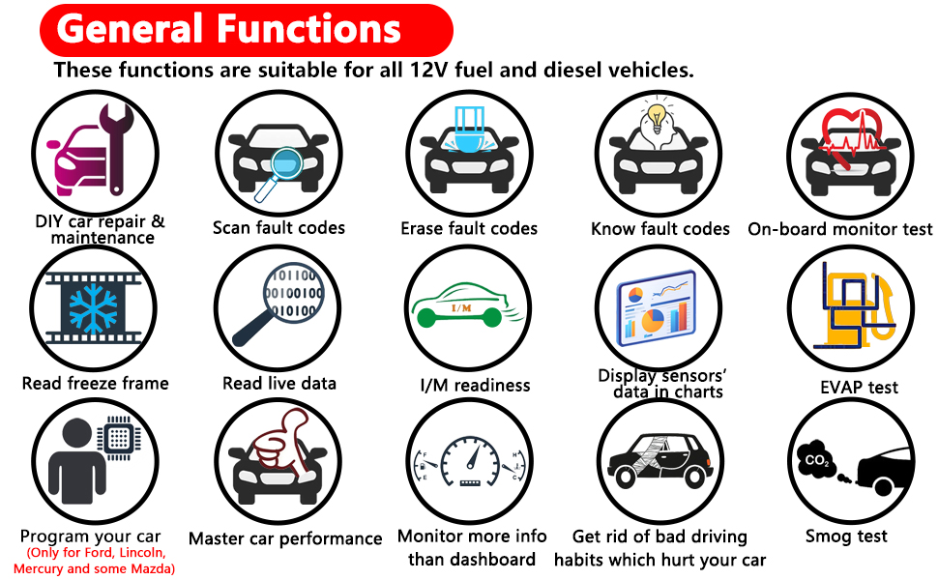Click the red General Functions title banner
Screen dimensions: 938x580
[246, 28]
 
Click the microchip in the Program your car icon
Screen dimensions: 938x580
[119, 440]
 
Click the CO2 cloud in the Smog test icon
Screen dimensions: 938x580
[818, 461]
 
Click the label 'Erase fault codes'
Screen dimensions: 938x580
[469, 229]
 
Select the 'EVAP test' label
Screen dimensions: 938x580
[859, 388]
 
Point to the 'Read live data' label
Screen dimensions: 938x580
[279, 384]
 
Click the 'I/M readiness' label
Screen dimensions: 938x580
[475, 386]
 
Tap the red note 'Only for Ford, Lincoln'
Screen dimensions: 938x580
[95, 554]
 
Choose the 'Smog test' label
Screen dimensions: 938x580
[846, 536]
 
